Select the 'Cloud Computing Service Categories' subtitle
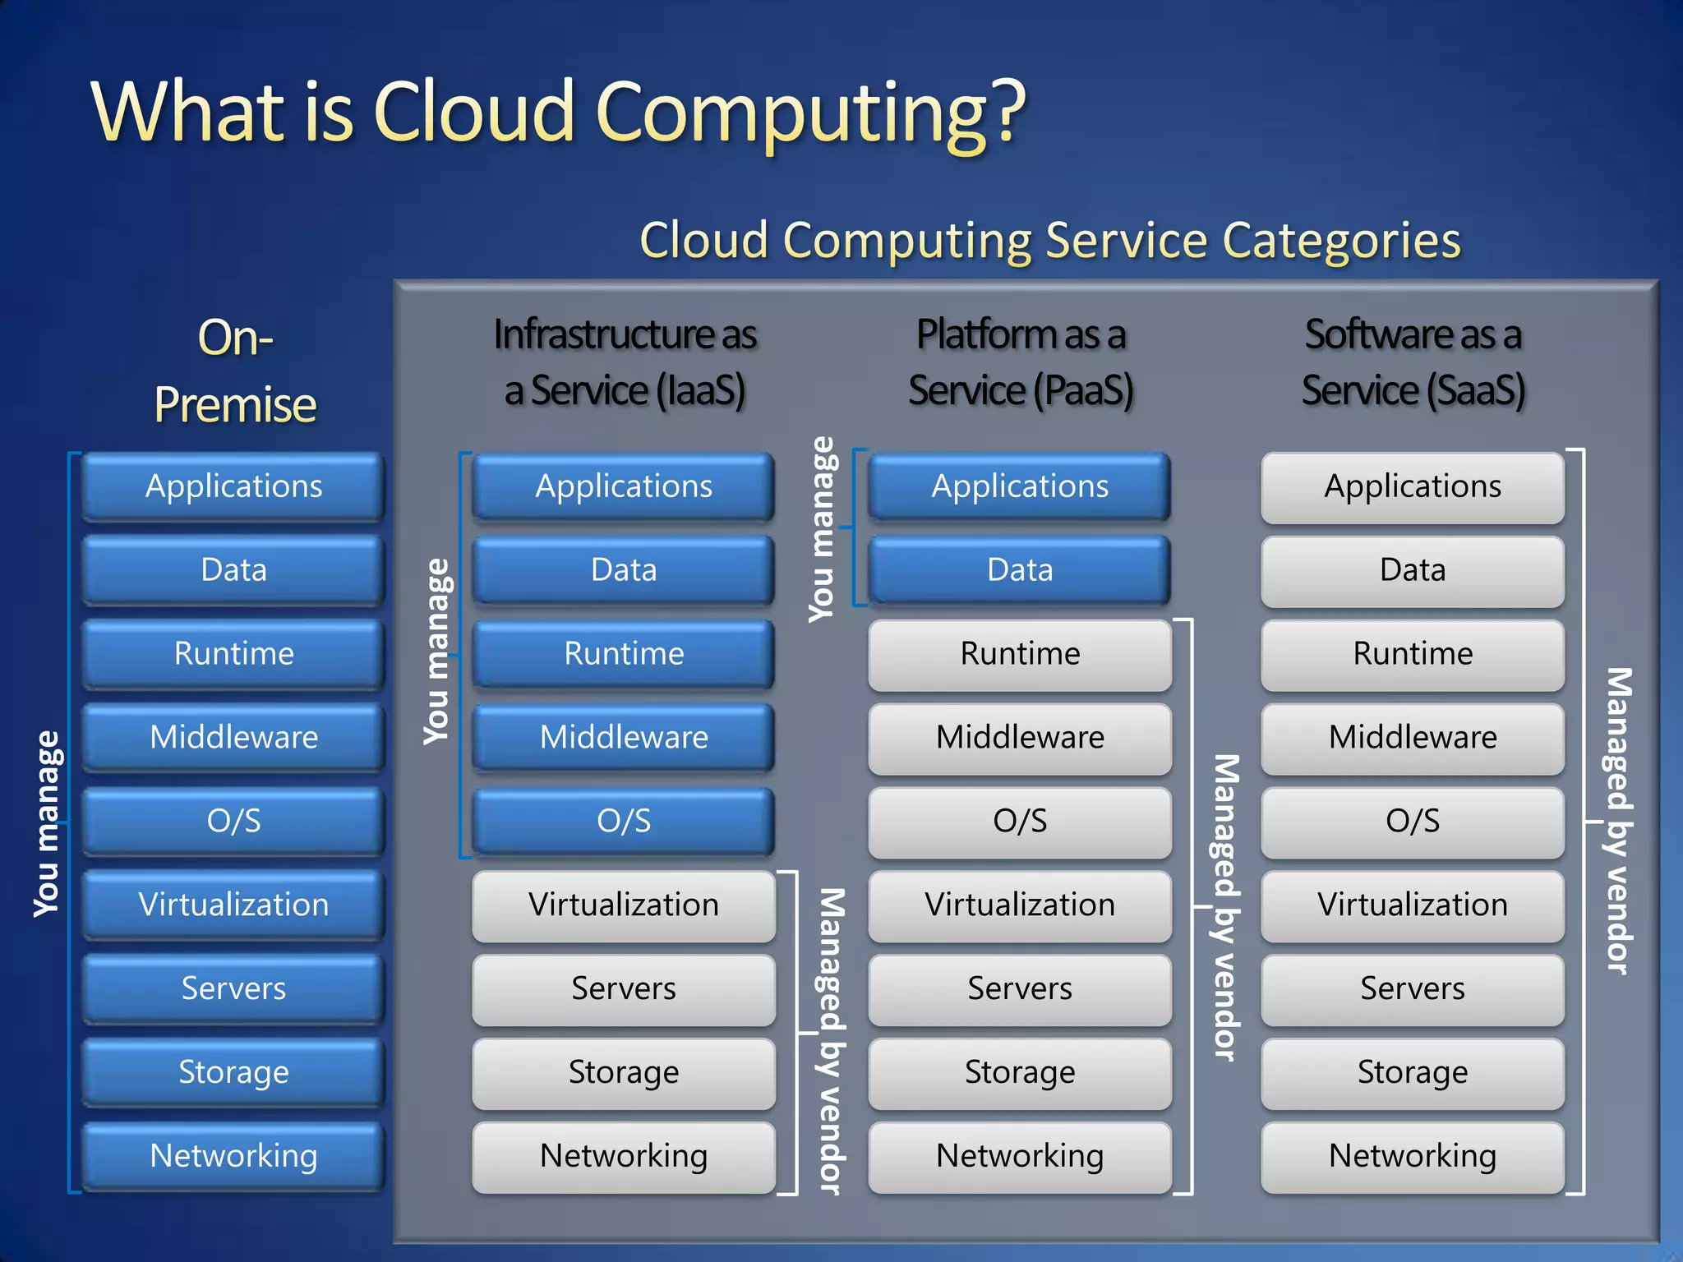[x=1049, y=240]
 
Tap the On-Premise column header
[x=235, y=371]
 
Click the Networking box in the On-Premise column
[x=234, y=1156]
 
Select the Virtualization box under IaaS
[x=624, y=905]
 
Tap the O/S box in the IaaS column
[x=624, y=821]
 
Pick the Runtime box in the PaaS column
[x=1020, y=654]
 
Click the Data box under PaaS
[x=1020, y=570]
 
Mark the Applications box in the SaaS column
[x=1413, y=486]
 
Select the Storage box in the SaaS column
[x=1413, y=1072]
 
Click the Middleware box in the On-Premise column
[x=234, y=737]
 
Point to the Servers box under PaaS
[x=1020, y=988]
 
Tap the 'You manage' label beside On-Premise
[x=47, y=823]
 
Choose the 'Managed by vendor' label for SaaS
[x=1619, y=820]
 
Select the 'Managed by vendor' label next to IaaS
[x=831, y=1040]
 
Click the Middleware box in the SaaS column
[x=1413, y=737]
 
